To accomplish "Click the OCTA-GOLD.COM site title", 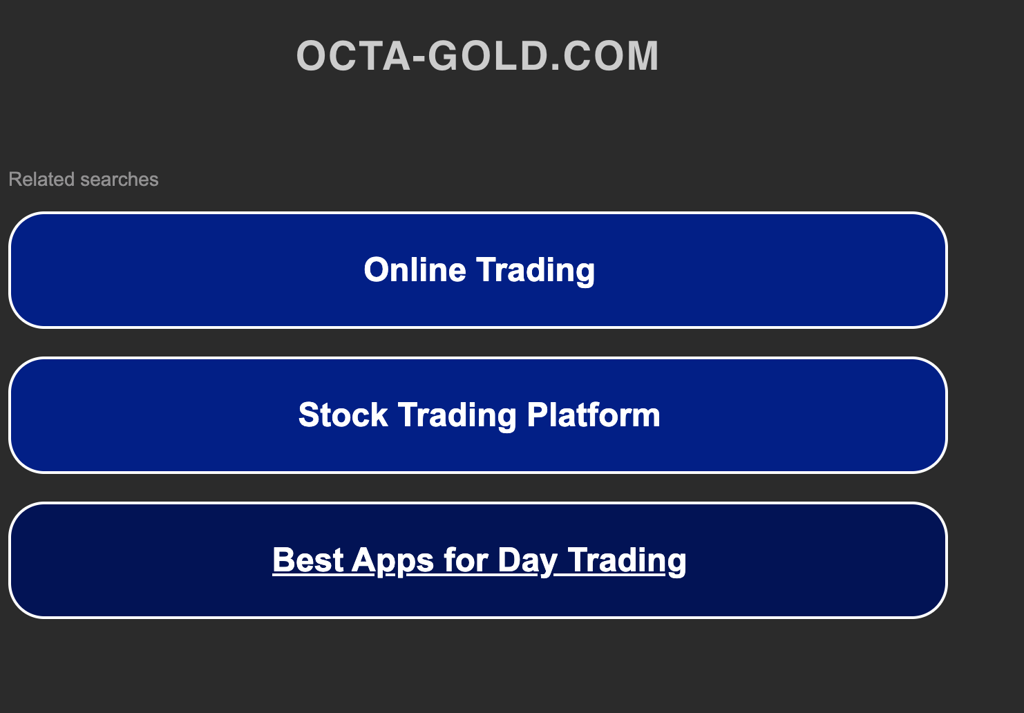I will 477,56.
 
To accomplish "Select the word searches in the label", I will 119,180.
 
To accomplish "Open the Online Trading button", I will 477,270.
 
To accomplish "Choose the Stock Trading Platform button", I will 477,415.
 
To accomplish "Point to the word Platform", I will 594,415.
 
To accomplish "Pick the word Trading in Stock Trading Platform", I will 457,415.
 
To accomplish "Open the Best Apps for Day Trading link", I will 479,560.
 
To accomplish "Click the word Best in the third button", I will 308,560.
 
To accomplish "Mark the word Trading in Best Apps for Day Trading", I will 627,560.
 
